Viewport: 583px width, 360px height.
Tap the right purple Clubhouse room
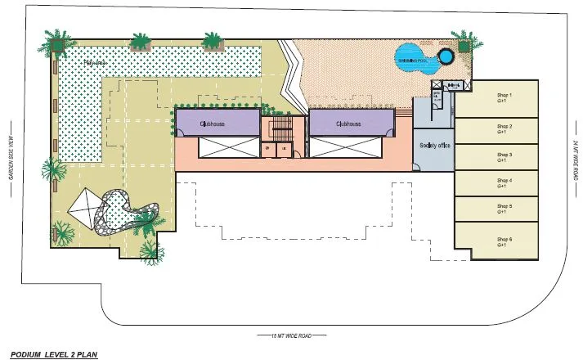click(348, 124)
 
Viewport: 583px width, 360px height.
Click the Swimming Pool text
click(411, 60)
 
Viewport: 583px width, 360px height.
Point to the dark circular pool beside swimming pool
click(446, 57)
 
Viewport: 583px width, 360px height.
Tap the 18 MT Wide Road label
click(291, 335)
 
